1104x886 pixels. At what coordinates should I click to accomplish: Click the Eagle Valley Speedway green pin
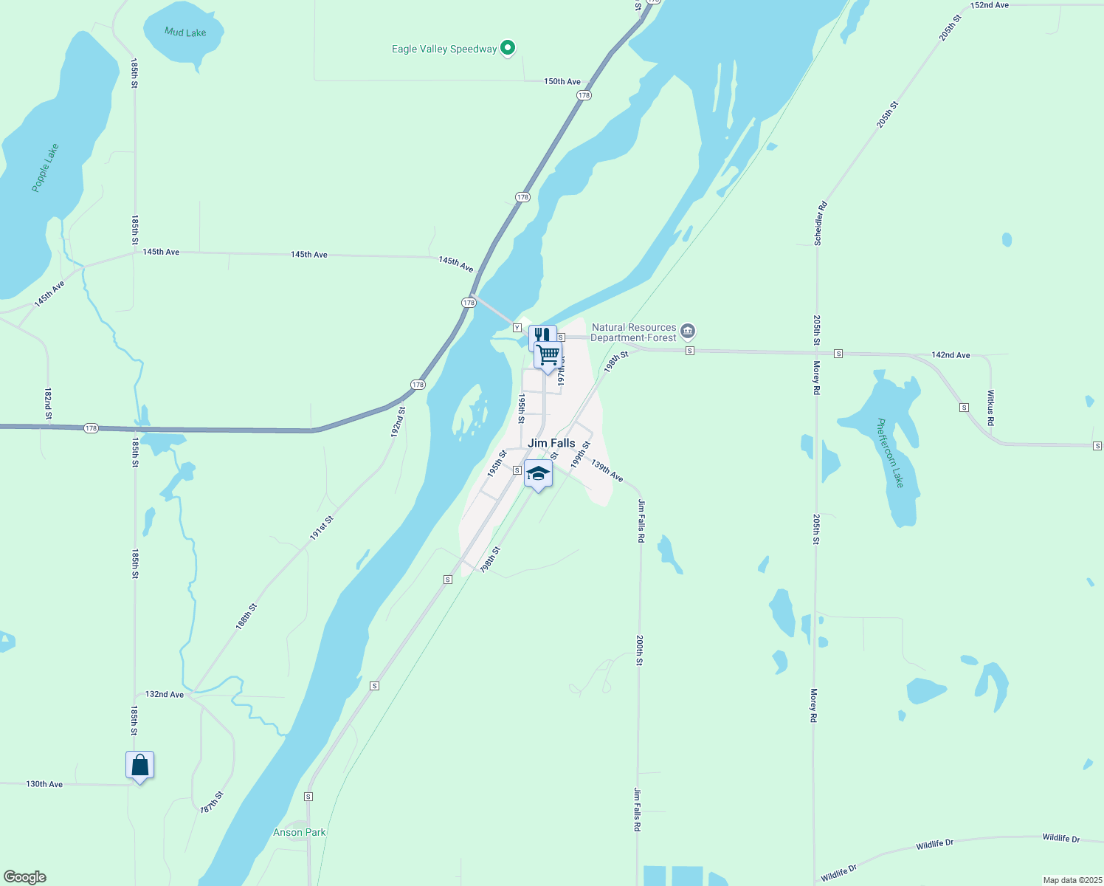[508, 49]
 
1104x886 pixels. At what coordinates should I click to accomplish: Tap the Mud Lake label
[185, 32]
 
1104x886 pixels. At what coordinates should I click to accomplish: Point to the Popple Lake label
[46, 168]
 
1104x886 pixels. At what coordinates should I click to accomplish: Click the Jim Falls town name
[551, 443]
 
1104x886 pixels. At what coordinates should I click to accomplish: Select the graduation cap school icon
[538, 473]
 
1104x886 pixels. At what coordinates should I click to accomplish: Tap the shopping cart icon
[548, 355]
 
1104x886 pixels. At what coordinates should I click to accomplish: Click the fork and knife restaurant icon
[542, 336]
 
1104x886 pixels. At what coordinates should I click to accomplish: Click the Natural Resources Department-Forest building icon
[688, 331]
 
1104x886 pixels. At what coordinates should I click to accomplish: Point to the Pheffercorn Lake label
[889, 453]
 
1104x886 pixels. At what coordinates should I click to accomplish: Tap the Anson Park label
[300, 832]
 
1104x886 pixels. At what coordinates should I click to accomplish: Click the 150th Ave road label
[562, 81]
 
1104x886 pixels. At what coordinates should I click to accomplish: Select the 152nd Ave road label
[990, 5]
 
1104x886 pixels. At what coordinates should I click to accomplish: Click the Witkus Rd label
[991, 408]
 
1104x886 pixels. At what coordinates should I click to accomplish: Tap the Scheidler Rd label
[821, 223]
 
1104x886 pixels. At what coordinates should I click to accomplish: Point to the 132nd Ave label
[165, 694]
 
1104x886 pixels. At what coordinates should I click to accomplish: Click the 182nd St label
[48, 404]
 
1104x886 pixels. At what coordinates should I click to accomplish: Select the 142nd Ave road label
[951, 355]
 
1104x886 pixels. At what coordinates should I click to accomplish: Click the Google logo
[25, 877]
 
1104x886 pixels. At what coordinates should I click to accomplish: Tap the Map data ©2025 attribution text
[1072, 880]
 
